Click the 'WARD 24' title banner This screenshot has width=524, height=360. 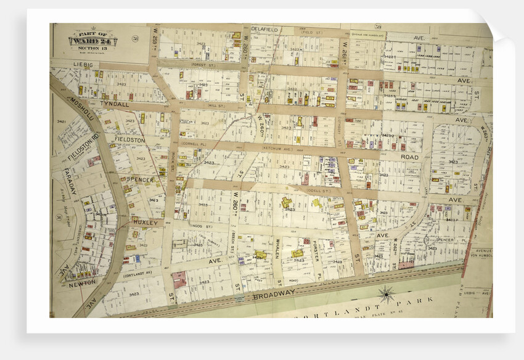(92, 41)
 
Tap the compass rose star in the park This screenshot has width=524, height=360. (387, 294)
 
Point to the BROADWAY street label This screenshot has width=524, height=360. (273, 297)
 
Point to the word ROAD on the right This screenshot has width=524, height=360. (409, 157)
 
